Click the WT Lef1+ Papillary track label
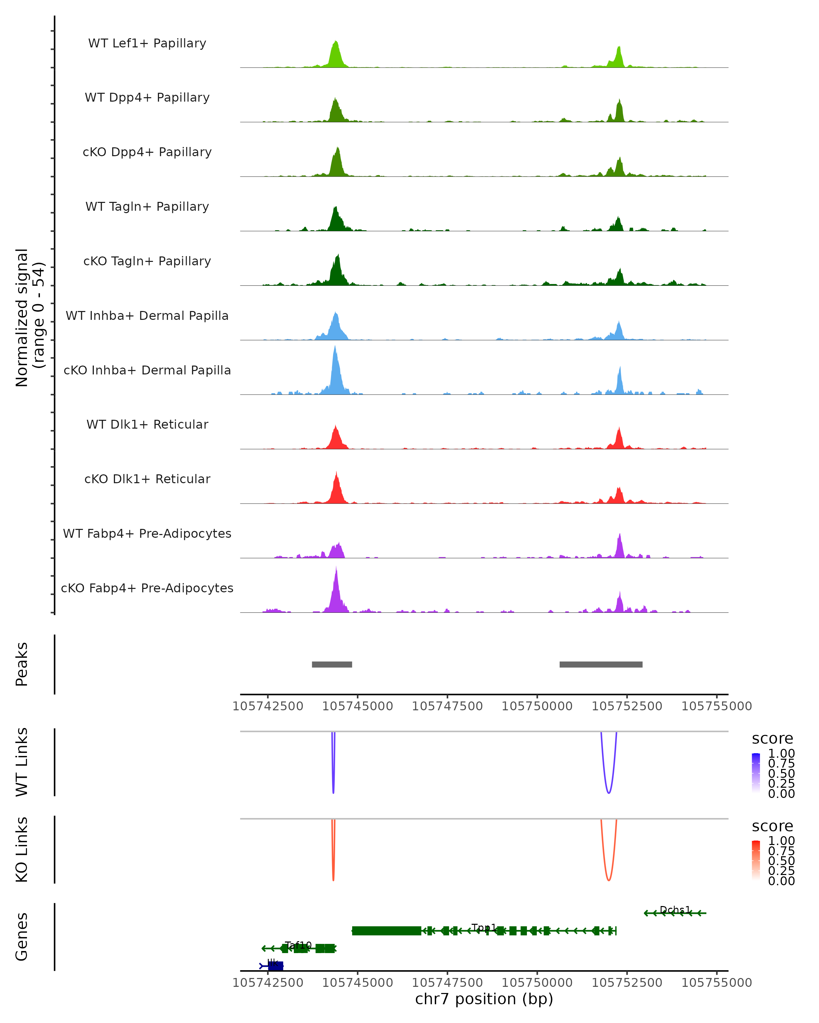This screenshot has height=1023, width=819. tap(147, 43)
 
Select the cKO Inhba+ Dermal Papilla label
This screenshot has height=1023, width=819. tap(147, 370)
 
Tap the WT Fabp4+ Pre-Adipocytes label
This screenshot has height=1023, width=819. tap(147, 533)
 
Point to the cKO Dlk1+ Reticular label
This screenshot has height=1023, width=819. tap(147, 479)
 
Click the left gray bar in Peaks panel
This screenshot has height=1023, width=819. tap(332, 664)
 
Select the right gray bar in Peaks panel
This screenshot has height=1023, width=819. tap(601, 664)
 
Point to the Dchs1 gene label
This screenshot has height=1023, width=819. tap(675, 909)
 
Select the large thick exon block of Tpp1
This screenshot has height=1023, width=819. tap(387, 931)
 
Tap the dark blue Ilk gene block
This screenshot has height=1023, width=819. tap(276, 966)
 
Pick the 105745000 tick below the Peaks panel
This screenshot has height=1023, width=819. tap(358, 706)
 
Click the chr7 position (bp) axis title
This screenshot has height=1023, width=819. tap(484, 999)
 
